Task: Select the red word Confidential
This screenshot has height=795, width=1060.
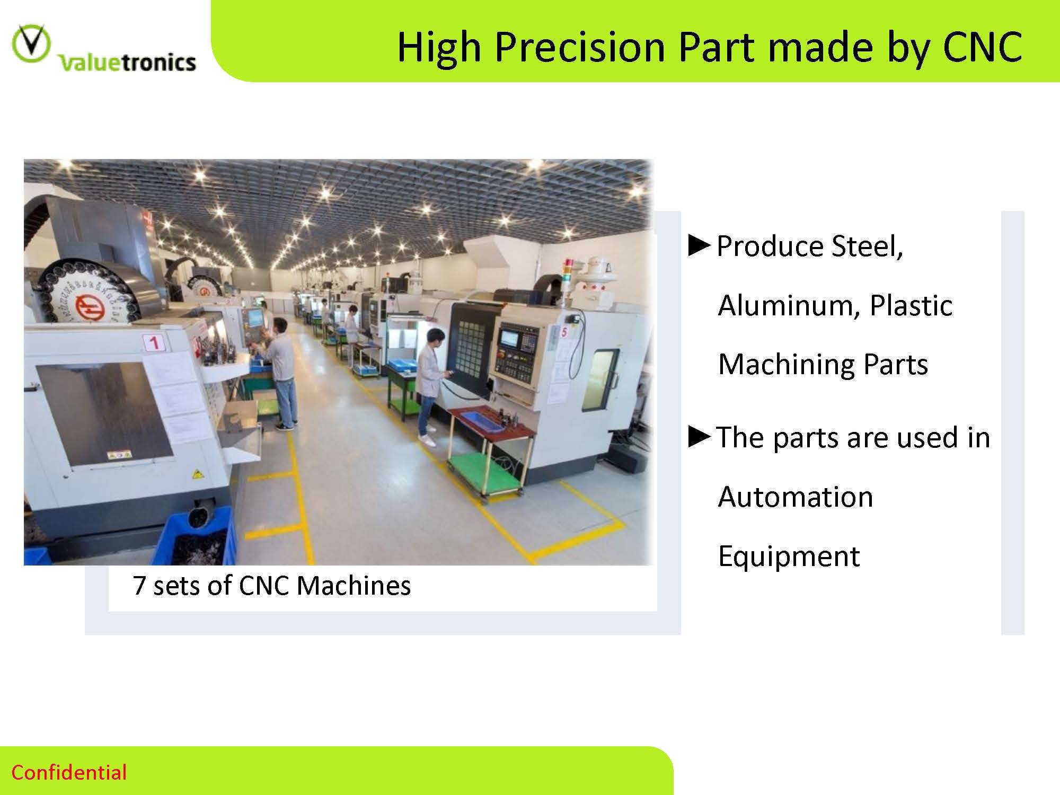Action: (x=69, y=772)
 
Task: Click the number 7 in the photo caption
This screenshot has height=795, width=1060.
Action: (x=139, y=585)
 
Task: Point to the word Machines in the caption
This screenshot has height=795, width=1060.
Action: (x=354, y=585)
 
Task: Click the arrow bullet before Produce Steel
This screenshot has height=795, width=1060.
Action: (x=699, y=246)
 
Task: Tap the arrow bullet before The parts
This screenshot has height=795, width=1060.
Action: (x=699, y=437)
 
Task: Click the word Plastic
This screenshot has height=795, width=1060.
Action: (x=911, y=305)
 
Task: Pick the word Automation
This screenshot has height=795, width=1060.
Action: (x=796, y=497)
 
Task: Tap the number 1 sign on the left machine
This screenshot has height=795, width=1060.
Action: (x=153, y=342)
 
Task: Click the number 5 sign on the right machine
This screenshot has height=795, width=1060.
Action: (x=564, y=332)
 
